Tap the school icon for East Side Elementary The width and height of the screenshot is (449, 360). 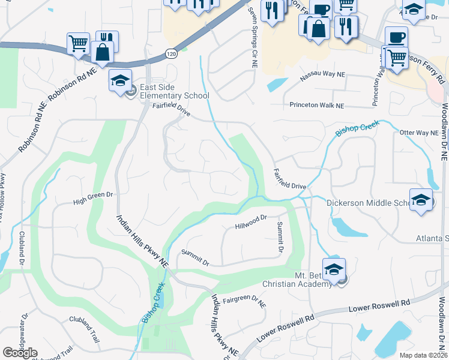(120, 80)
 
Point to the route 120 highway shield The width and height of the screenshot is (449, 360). (172, 53)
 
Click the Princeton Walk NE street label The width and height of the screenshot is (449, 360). (317, 105)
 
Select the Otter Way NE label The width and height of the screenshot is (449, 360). (419, 133)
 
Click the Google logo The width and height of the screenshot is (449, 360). (20, 353)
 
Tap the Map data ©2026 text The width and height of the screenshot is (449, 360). (424, 355)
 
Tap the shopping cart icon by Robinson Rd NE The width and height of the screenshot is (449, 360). (78, 43)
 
